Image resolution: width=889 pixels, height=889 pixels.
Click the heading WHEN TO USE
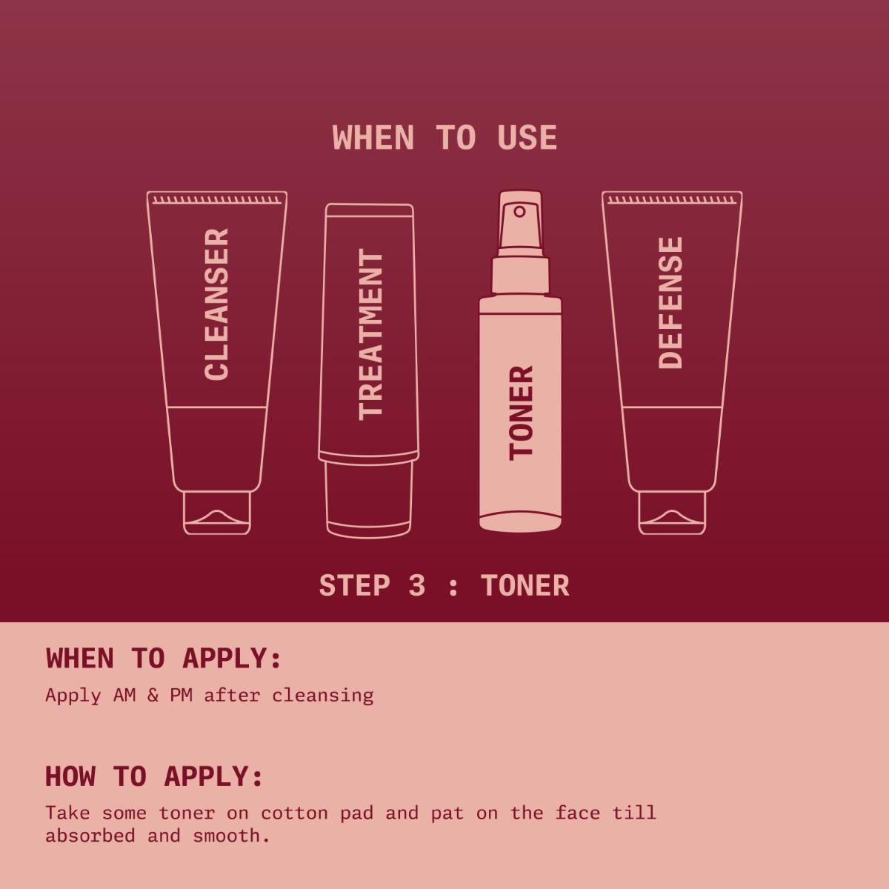[x=444, y=139]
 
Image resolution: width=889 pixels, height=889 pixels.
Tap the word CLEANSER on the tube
[x=217, y=304]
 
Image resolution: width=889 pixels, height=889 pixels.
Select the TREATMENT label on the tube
[x=370, y=335]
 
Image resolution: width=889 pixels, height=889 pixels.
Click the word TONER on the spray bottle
[x=521, y=413]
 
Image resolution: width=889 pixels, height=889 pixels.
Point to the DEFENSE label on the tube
[x=670, y=302]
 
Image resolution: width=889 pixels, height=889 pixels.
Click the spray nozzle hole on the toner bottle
[x=519, y=212]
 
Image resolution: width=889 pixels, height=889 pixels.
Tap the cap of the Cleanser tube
[x=217, y=513]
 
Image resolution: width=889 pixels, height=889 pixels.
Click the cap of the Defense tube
[x=672, y=513]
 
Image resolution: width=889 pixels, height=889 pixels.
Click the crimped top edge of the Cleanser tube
[x=217, y=199]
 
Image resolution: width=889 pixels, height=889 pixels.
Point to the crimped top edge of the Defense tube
[x=672, y=199]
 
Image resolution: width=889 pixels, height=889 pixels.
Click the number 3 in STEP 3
[x=417, y=586]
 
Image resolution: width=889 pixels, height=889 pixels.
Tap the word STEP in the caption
[x=354, y=586]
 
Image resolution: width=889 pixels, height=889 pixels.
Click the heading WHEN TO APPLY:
[x=164, y=659]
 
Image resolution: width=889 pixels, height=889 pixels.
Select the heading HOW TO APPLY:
[x=154, y=776]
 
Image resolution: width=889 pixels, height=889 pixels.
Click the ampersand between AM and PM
[x=153, y=696]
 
